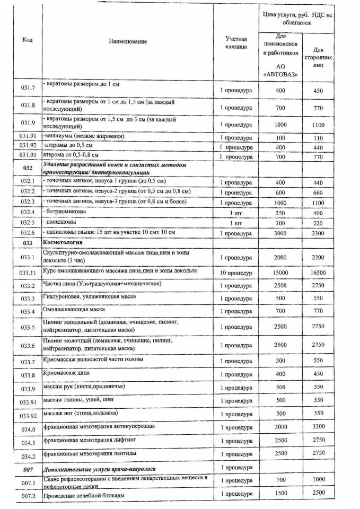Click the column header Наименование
click(x=127, y=41)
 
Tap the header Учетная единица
click(x=236, y=43)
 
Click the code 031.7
click(x=28, y=90)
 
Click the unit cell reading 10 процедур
click(x=236, y=273)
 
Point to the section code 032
click(x=28, y=168)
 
